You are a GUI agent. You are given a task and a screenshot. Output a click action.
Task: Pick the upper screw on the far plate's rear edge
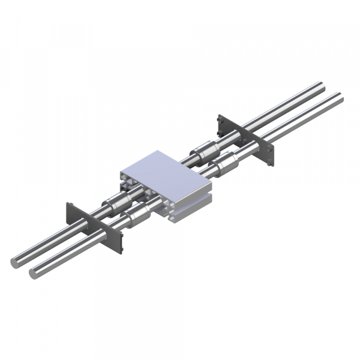tap(220, 119)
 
